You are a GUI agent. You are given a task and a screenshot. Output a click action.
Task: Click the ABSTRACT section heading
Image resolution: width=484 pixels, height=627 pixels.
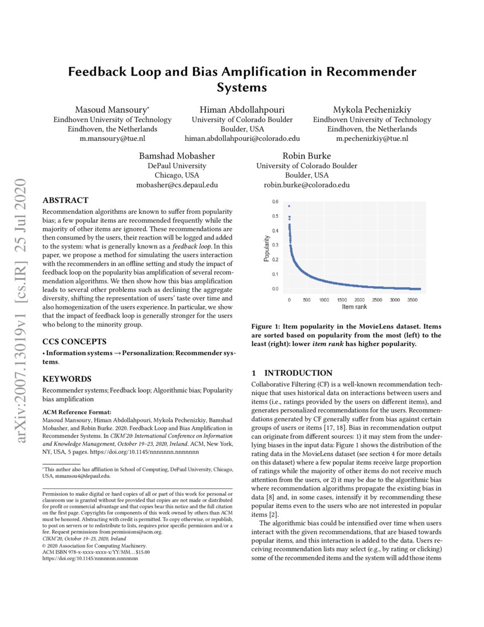[x=66, y=200]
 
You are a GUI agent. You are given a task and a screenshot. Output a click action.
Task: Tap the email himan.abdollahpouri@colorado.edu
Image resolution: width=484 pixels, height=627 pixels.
[x=242, y=138]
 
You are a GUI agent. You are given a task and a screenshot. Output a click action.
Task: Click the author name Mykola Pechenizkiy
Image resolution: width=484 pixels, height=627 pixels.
[x=372, y=109]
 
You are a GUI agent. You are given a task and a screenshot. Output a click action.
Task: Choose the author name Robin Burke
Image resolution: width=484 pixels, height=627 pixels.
[x=306, y=156]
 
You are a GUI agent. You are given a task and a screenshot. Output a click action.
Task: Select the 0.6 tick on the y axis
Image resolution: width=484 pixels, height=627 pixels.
[x=275, y=202]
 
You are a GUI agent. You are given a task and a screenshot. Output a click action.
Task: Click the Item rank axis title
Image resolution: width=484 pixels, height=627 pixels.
[x=355, y=307]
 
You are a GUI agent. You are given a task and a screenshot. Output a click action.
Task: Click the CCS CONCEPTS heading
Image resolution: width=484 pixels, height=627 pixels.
[x=73, y=342]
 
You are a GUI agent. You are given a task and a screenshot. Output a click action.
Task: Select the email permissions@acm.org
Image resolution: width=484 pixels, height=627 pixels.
[x=137, y=532]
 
